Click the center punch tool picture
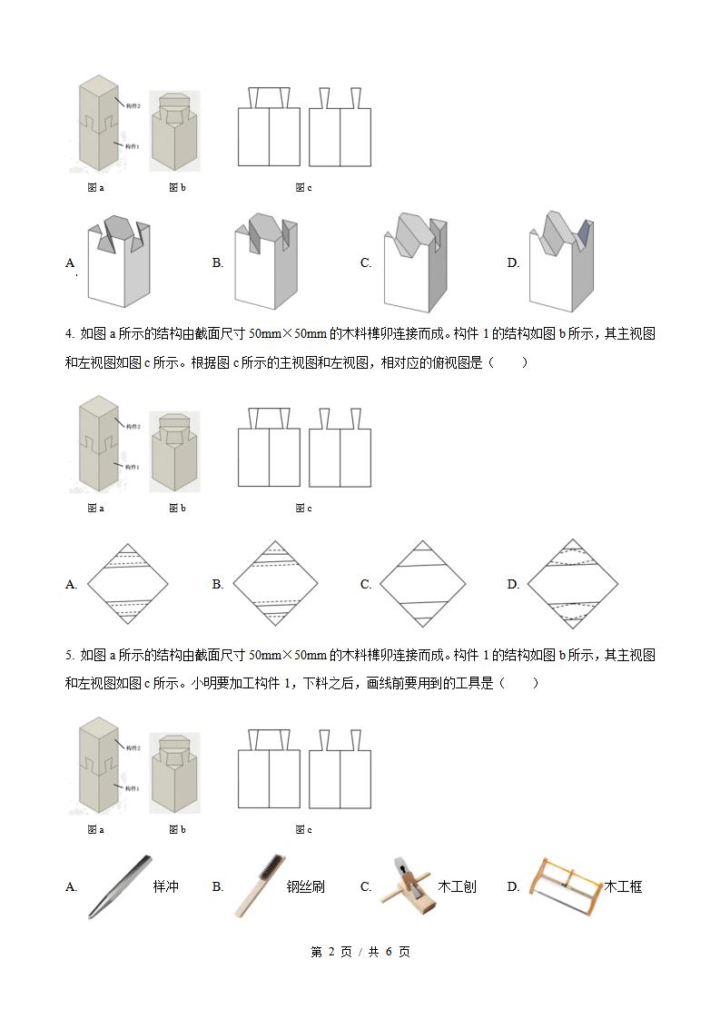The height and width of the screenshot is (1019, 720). [119, 887]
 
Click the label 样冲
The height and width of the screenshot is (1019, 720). [165, 886]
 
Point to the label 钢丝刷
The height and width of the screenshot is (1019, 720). [305, 886]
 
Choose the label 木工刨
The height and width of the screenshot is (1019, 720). [457, 886]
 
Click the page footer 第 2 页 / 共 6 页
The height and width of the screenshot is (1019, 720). [360, 952]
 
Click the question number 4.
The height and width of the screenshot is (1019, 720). [69, 333]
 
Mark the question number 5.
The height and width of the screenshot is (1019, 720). [69, 655]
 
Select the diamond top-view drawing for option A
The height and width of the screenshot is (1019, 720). [127, 584]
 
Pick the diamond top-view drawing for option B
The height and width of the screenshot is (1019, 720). [274, 584]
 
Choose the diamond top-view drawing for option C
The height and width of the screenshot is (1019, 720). [422, 584]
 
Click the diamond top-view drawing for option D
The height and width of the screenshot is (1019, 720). [571, 584]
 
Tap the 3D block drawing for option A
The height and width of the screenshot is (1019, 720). [118, 262]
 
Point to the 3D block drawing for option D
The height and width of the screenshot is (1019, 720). [561, 262]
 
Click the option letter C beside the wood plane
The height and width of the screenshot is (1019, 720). [366, 886]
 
